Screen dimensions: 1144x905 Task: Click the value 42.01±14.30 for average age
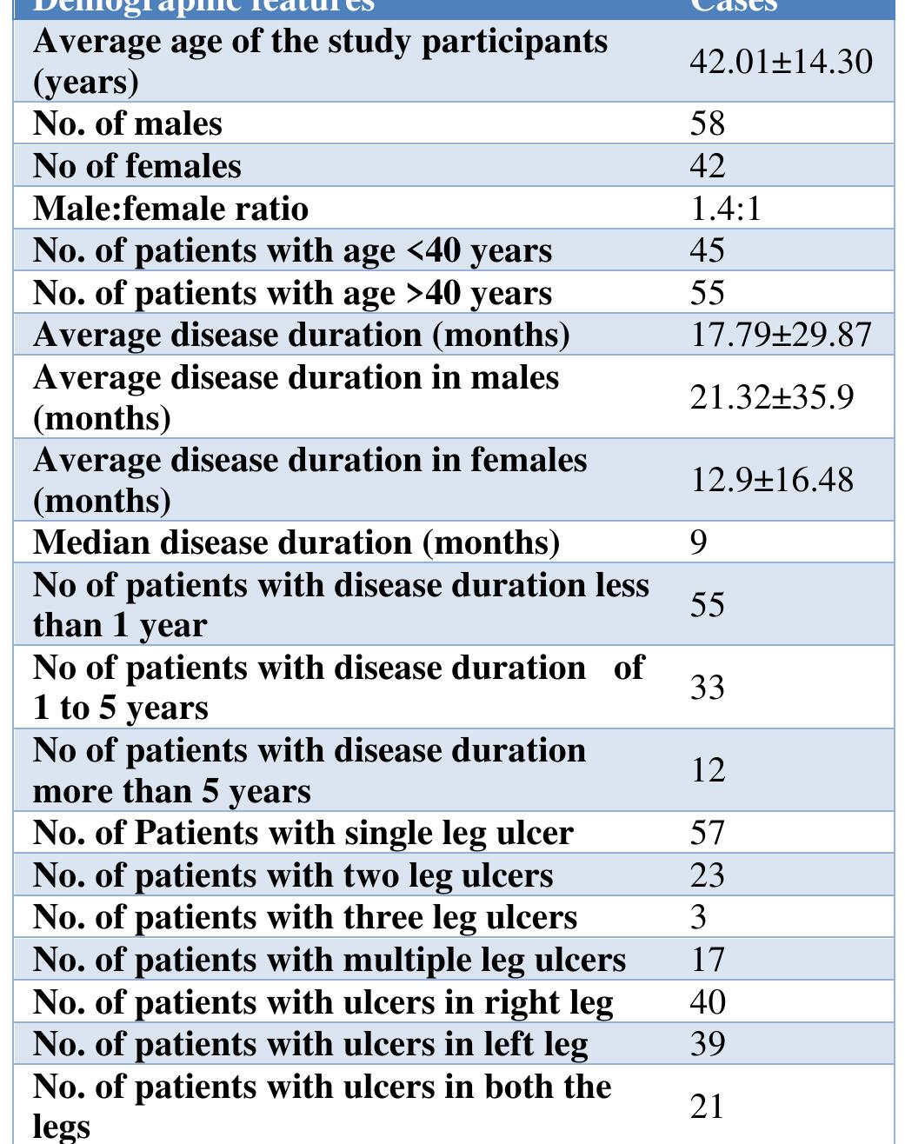781,62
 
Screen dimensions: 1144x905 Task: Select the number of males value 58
707,123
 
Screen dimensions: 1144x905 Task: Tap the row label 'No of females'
137,165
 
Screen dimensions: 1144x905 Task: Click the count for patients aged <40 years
708,250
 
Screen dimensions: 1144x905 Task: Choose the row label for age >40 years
292,293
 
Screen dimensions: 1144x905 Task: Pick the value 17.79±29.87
781,335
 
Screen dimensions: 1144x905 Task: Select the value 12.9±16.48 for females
772,480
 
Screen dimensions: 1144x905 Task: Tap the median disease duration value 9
699,542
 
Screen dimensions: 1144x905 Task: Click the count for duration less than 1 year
708,604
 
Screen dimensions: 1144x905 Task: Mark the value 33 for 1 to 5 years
708,688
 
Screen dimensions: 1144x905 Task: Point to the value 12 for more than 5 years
708,770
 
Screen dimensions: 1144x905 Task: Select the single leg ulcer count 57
708,833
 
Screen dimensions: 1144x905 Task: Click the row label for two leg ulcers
293,875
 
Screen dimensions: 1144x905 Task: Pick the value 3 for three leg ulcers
699,917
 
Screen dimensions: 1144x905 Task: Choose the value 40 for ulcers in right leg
708,1002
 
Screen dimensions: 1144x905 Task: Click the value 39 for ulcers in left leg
708,1044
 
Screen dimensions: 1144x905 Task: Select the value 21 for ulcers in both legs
708,1107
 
